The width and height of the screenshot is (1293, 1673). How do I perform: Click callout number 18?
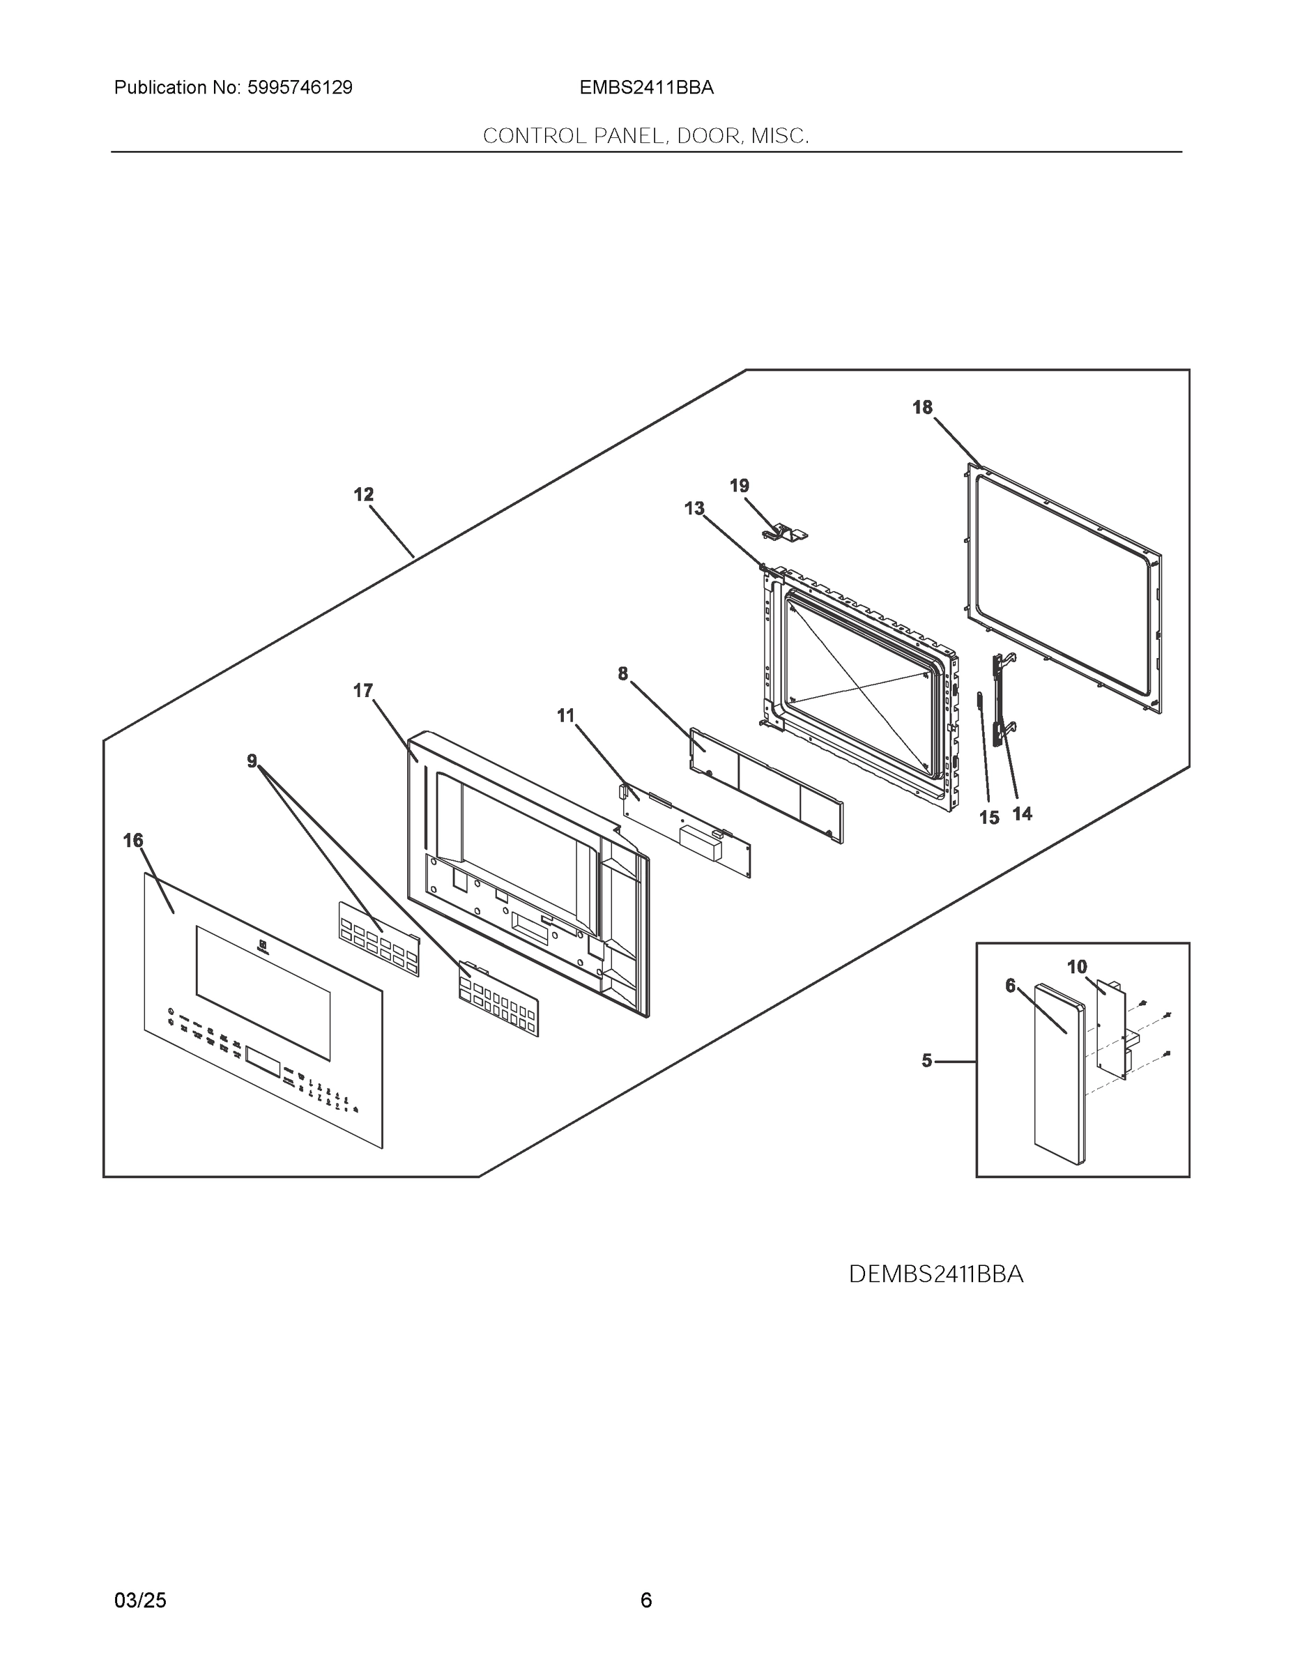click(x=922, y=408)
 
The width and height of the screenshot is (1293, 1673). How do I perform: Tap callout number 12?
click(x=363, y=495)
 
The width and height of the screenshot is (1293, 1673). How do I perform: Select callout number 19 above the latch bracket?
click(x=739, y=486)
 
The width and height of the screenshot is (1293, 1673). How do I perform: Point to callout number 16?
click(x=133, y=841)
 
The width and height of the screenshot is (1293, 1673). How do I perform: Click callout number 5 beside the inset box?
click(x=927, y=1061)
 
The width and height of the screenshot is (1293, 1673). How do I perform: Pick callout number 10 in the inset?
click(x=1077, y=967)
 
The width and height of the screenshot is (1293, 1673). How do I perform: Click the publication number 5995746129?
click(x=300, y=88)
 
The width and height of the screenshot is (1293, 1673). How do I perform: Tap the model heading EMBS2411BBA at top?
click(x=647, y=88)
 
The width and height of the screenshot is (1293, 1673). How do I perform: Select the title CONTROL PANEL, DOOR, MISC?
click(x=645, y=137)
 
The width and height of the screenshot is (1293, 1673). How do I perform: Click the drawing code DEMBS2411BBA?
click(x=936, y=1274)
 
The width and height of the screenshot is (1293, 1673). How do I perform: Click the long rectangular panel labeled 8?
click(x=766, y=785)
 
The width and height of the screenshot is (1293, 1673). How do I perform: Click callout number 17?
click(x=362, y=691)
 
